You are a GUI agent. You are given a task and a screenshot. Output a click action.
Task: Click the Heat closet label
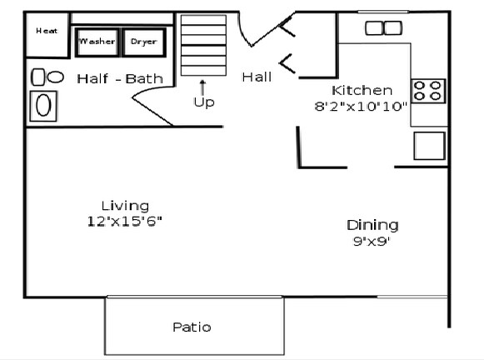tap(46, 31)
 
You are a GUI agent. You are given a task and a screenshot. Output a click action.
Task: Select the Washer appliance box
tap(97, 41)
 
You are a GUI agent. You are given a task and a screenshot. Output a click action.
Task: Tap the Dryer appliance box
tap(143, 41)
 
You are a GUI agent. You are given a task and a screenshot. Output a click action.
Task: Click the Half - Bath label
tap(120, 79)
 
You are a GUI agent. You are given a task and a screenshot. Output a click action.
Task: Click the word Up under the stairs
tap(202, 102)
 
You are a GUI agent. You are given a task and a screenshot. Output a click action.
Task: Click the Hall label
tap(257, 77)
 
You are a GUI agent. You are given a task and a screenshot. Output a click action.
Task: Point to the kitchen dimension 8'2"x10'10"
tap(362, 106)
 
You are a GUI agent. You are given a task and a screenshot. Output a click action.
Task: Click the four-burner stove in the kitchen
tap(429, 90)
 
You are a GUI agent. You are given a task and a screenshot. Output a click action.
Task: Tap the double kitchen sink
tap(383, 28)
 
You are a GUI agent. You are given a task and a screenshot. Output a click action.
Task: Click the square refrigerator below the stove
tap(430, 145)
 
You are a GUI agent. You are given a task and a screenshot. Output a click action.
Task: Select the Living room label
tap(125, 205)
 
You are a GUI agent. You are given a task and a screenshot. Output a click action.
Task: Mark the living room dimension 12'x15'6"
tap(125, 220)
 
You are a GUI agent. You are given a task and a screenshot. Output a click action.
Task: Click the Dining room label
tap(372, 225)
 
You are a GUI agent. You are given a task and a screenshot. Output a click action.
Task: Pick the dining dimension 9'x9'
tap(372, 242)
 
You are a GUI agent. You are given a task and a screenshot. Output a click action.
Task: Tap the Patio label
tap(192, 327)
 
